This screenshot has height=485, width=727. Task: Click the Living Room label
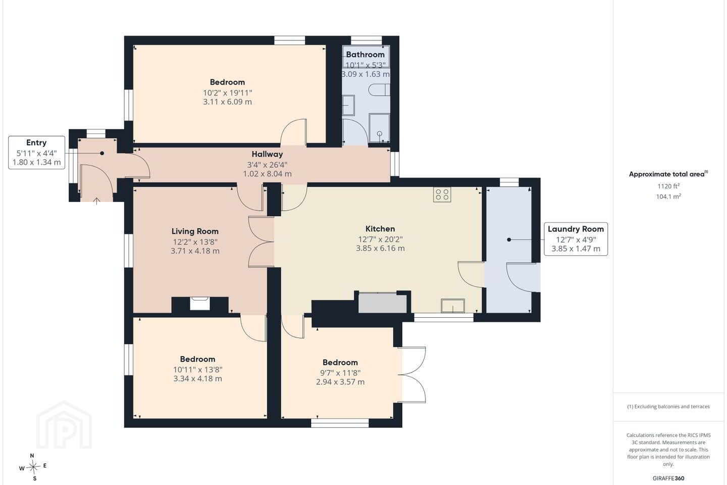point(195,231)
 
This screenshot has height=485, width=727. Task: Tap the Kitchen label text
point(380,229)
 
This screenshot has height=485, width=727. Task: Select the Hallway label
point(268,154)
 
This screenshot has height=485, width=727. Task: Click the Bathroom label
point(365,55)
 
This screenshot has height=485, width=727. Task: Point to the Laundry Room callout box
point(576,239)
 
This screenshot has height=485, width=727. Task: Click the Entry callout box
point(36,153)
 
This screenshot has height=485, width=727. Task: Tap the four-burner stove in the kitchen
point(442,195)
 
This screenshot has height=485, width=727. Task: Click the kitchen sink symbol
point(453,306)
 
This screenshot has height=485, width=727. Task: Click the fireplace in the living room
point(199,304)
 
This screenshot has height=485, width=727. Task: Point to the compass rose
point(33,467)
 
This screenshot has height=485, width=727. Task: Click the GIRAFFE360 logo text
point(668,478)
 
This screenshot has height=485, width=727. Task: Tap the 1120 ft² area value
point(668,186)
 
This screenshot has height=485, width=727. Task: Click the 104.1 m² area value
point(668,196)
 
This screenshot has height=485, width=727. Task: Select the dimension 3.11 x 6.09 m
point(228,102)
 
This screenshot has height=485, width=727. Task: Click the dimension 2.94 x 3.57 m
point(340,382)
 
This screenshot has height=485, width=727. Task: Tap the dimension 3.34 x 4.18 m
point(198,378)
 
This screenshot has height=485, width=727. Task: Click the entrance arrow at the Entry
point(96,201)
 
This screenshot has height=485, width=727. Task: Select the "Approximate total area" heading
point(668,174)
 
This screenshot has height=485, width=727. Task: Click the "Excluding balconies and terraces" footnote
point(668,406)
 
